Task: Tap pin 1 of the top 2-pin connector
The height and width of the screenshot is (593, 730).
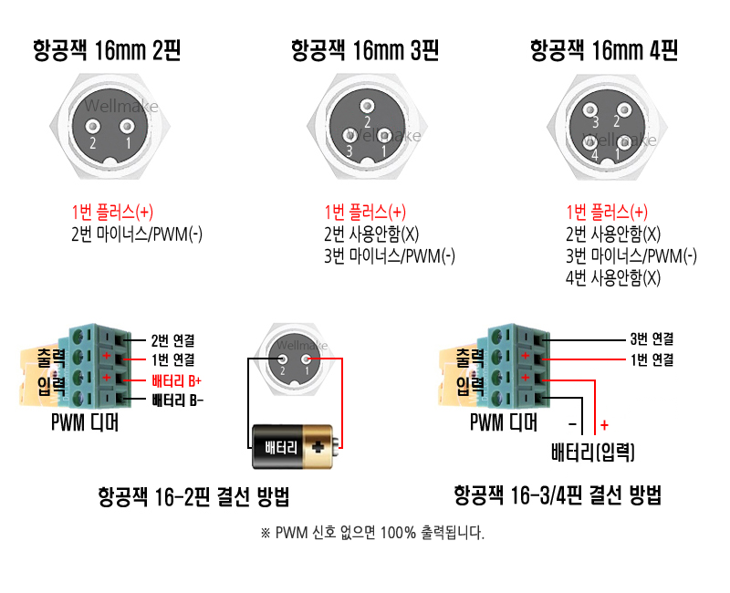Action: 128,129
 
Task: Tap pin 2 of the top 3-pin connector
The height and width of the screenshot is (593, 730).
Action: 367,108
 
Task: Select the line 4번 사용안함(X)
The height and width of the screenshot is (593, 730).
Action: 613,278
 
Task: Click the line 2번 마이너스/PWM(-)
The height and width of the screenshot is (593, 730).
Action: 137,234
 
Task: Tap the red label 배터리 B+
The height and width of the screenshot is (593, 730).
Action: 176,380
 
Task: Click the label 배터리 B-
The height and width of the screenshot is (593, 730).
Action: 177,401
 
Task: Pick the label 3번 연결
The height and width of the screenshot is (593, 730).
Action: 652,337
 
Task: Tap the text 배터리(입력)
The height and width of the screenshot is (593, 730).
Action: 594,452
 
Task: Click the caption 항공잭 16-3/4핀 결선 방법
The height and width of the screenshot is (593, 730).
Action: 558,496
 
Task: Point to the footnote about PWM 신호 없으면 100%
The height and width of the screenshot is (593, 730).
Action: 372,534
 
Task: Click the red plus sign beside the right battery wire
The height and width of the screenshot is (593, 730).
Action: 604,425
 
